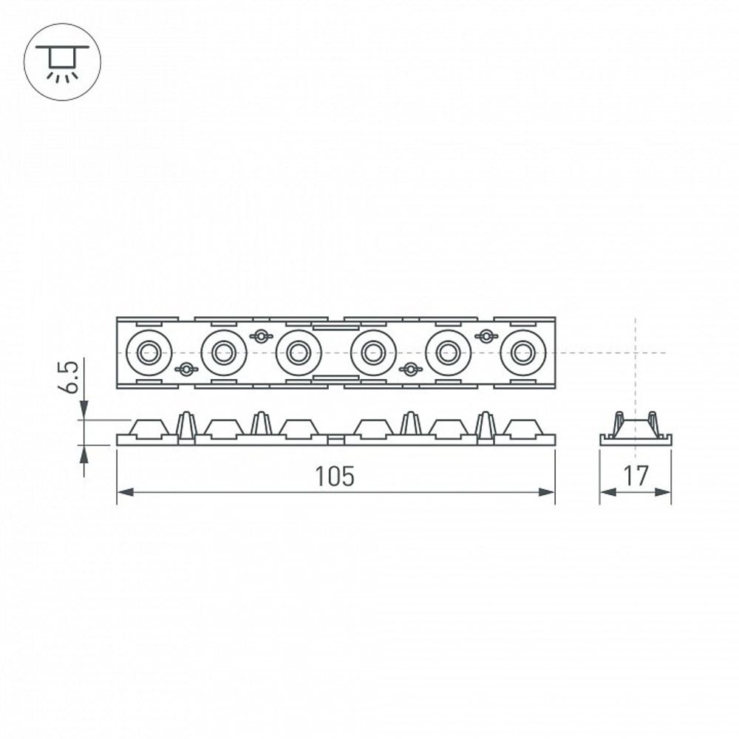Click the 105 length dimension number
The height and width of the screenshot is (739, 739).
point(335,477)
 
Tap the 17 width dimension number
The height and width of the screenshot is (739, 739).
point(636,477)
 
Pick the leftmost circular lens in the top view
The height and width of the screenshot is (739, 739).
point(149,353)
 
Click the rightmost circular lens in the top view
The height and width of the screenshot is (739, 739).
point(522,353)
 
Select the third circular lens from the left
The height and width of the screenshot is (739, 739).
point(299,353)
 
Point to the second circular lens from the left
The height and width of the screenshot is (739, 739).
point(223,353)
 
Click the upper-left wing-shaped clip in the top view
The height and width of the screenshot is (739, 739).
point(260,336)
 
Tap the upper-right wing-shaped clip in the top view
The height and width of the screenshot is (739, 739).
point(486,336)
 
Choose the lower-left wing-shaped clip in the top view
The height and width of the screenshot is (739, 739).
point(186,369)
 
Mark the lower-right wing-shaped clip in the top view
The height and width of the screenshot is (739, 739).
point(410,369)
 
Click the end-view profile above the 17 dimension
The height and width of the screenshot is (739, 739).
point(636,430)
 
